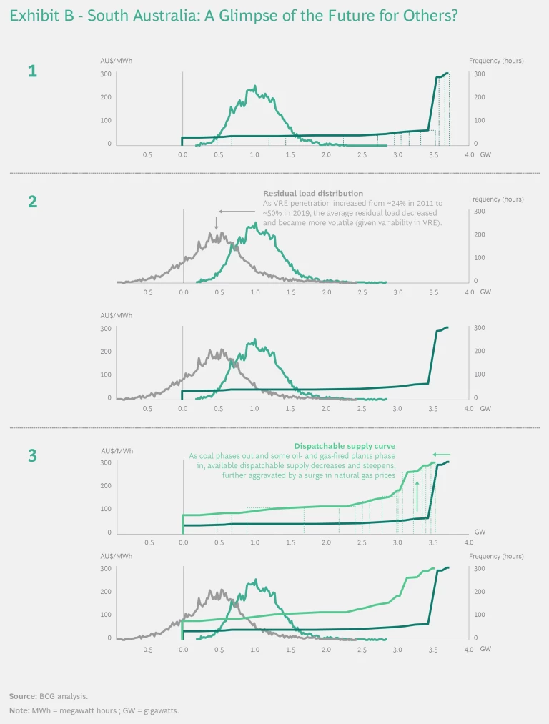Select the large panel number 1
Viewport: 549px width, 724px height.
pyautogui.click(x=32, y=71)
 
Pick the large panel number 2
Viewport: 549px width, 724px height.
pyautogui.click(x=32, y=201)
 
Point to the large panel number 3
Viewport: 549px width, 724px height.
pyautogui.click(x=32, y=455)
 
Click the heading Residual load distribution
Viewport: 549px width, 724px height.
pyautogui.click(x=312, y=194)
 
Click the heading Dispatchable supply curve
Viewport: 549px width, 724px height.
pyautogui.click(x=345, y=446)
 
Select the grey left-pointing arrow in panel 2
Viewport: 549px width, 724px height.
pyautogui.click(x=232, y=212)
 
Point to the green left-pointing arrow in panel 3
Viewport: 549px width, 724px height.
pyautogui.click(x=442, y=455)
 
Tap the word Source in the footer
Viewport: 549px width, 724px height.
pyautogui.click(x=21, y=695)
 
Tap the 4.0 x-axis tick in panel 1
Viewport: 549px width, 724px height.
pyautogui.click(x=469, y=154)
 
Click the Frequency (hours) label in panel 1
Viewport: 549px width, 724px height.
pyautogui.click(x=496, y=61)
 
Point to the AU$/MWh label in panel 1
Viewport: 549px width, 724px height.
pyautogui.click(x=117, y=61)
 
